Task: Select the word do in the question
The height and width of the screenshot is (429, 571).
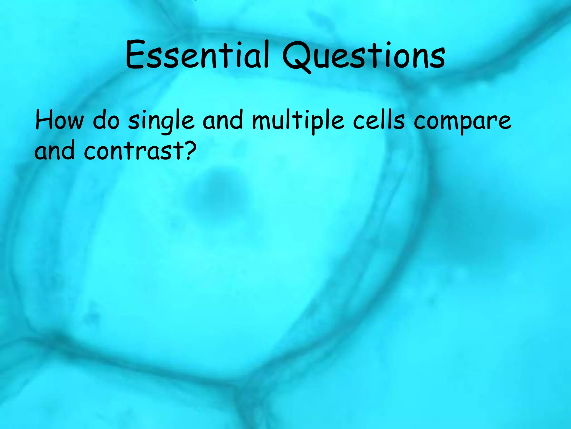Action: click(x=106, y=121)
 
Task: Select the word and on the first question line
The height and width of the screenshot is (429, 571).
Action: click(x=222, y=121)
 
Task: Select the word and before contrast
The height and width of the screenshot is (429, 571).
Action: click(x=54, y=151)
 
